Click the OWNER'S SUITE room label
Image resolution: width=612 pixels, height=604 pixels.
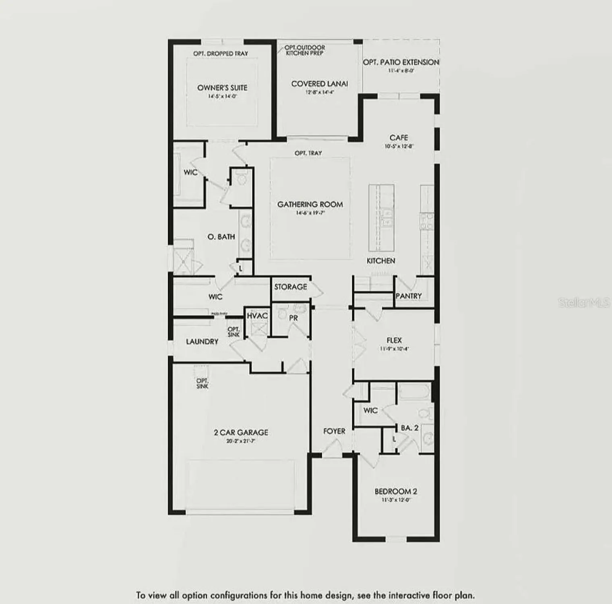tap(222, 88)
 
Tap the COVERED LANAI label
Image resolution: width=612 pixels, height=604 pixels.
tap(319, 84)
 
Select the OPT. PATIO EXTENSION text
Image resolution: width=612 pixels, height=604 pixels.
tap(401, 62)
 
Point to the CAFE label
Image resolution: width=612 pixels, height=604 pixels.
tap(399, 138)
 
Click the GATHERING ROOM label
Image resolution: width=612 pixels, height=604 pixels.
tap(310, 205)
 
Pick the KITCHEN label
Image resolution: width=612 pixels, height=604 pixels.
tap(380, 261)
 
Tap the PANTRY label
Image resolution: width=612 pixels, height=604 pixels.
tap(408, 296)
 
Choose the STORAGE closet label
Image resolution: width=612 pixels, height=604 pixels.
tap(290, 287)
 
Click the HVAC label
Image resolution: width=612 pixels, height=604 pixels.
tap(257, 316)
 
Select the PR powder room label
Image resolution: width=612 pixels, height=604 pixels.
tap(294, 318)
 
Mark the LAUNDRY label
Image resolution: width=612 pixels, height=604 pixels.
tap(202, 341)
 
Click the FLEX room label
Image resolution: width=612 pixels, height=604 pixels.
tap(394, 340)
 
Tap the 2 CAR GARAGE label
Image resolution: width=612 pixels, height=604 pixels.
tap(241, 432)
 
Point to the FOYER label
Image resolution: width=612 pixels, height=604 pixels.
tap(334, 431)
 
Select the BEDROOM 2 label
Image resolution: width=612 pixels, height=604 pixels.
tap(396, 491)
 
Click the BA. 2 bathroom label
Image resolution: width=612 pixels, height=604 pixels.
tap(409, 428)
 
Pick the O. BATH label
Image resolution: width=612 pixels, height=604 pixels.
tap(221, 237)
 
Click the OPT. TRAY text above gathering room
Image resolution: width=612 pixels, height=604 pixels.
tap(308, 153)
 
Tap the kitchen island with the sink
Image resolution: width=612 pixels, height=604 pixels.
tap(381, 218)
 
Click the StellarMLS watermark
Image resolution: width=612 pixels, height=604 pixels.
tap(583, 303)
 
